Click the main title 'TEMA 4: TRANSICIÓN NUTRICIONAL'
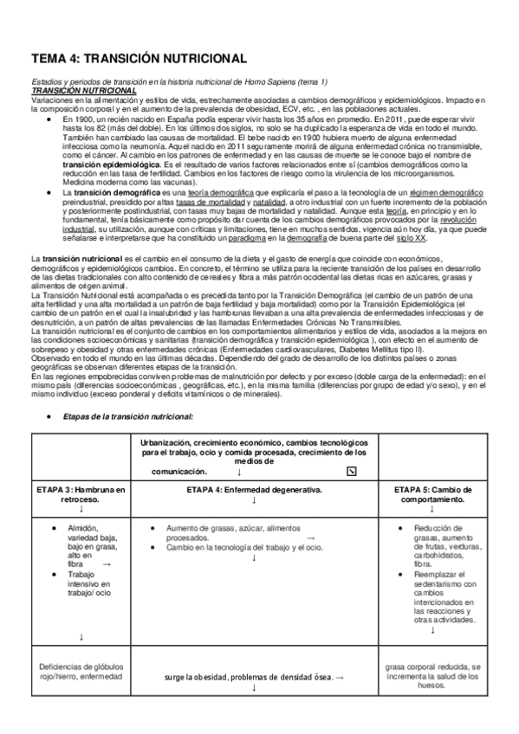point(139,58)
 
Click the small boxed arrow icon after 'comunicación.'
point(351,472)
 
